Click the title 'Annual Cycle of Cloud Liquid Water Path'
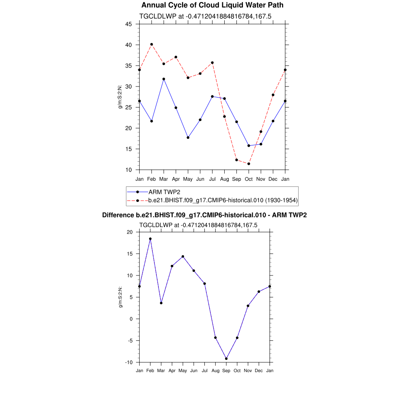coord(212,5)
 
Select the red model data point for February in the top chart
coord(152,44)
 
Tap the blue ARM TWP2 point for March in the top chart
coord(164,79)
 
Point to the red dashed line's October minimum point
coord(249,164)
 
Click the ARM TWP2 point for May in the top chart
coord(188,138)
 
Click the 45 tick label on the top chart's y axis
coord(128,24)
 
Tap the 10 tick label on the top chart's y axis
coord(128,170)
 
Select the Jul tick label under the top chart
coord(212,179)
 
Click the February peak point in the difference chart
coord(150,239)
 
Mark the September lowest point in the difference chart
coord(226,359)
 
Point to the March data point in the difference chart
coord(161,303)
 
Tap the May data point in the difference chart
coord(183,256)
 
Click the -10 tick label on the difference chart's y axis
coord(129,362)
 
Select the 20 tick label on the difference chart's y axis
coord(130,232)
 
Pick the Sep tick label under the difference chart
coord(226,370)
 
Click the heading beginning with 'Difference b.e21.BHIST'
coord(204,215)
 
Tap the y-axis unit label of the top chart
coord(120,97)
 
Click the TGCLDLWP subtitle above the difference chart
coord(198,225)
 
